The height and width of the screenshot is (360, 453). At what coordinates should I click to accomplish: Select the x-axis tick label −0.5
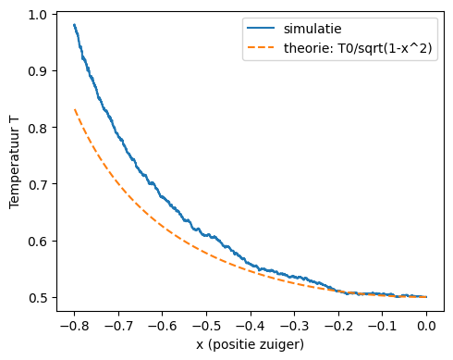[206, 325]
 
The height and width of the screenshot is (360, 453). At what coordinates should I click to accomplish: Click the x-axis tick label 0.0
[426, 325]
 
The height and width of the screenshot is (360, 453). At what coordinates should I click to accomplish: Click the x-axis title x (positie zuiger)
[250, 344]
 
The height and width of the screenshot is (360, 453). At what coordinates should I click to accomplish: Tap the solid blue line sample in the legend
[260, 29]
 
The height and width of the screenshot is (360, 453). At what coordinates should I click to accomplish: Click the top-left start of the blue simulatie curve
[74, 25]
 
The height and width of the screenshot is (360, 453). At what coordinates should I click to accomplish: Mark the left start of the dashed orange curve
[74, 110]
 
